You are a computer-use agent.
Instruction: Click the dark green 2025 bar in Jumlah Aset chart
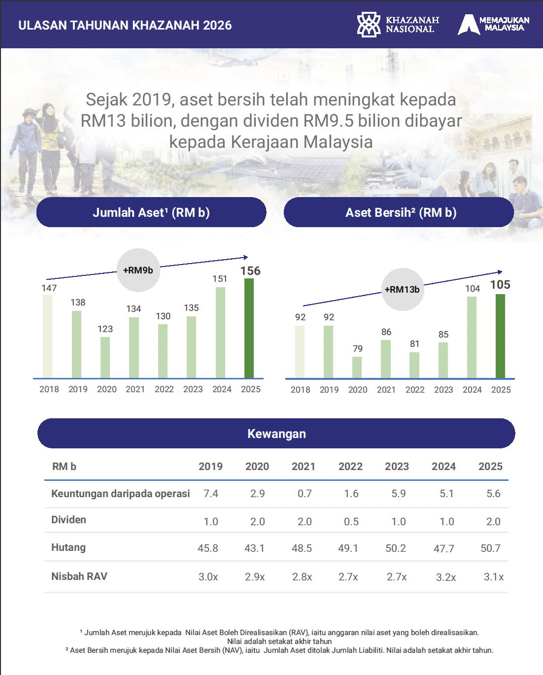(249, 328)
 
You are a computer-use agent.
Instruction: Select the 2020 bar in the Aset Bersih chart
(357, 367)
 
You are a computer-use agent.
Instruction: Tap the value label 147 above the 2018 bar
(49, 288)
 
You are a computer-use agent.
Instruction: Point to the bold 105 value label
(500, 285)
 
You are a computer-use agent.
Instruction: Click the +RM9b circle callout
(138, 270)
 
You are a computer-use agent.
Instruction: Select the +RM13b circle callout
(403, 289)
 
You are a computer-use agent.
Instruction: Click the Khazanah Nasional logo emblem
(369, 25)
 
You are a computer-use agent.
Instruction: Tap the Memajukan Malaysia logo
(493, 24)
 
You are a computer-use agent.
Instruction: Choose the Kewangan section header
(276, 433)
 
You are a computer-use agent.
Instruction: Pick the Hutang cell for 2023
(396, 548)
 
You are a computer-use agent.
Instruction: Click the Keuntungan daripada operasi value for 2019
(211, 494)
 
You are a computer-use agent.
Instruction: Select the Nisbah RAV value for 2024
(446, 577)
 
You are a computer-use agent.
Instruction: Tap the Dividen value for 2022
(351, 522)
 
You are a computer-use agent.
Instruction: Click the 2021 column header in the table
(304, 467)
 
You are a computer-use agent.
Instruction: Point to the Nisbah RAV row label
(79, 576)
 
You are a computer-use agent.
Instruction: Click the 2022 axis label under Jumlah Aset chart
(164, 389)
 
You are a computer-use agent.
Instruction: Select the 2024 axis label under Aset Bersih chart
(472, 390)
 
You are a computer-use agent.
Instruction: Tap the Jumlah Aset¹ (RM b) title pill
(151, 212)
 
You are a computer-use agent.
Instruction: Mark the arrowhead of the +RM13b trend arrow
(500, 272)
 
